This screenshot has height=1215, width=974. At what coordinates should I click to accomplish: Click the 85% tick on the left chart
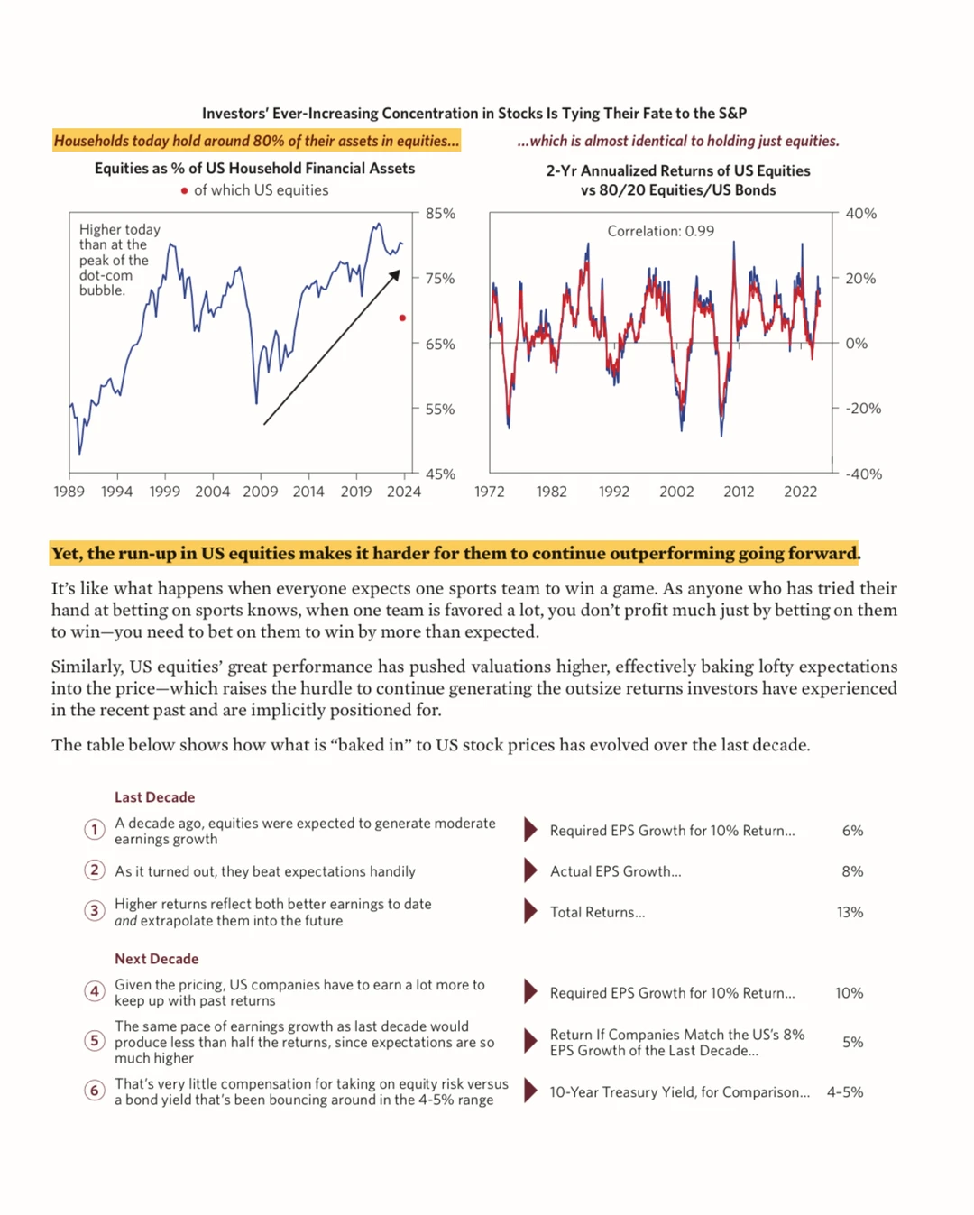click(x=440, y=214)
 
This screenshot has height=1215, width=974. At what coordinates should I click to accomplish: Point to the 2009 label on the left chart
click(x=261, y=492)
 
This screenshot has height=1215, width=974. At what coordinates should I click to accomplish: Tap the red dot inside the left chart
click(x=402, y=318)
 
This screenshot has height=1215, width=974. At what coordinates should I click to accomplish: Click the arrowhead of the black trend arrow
click(x=395, y=275)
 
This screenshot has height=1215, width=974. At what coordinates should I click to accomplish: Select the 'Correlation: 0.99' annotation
click(x=660, y=231)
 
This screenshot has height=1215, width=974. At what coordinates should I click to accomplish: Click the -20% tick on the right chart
click(x=862, y=409)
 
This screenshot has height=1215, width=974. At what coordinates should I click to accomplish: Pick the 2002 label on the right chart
click(x=676, y=492)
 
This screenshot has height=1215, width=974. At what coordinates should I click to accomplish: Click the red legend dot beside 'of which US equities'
click(x=184, y=190)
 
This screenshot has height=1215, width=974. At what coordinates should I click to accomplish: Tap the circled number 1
click(x=94, y=830)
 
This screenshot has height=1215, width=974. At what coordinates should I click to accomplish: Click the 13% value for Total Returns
click(x=850, y=912)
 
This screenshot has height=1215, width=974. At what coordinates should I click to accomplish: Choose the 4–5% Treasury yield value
click(x=845, y=1091)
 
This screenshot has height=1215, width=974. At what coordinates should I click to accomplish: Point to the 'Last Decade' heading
click(x=154, y=797)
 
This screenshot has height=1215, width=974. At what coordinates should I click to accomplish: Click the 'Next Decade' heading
click(x=156, y=959)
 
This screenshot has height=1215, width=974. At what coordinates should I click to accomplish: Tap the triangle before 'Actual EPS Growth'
click(x=530, y=871)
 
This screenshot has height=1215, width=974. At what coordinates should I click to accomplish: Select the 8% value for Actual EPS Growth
click(x=852, y=871)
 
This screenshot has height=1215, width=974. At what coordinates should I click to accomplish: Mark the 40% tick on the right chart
click(x=860, y=214)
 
